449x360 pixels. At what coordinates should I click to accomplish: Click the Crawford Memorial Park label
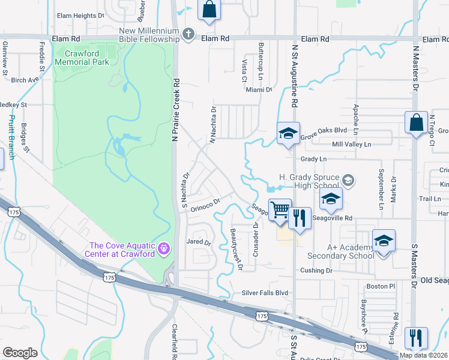pyautogui.click(x=82, y=58)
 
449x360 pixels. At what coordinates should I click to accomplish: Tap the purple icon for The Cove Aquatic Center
pyautogui.click(x=163, y=248)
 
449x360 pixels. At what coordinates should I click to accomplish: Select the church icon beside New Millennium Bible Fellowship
pyautogui.click(x=188, y=35)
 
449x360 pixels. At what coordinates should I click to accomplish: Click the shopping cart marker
pyautogui.click(x=280, y=210)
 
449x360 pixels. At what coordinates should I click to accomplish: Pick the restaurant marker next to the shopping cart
pyautogui.click(x=300, y=217)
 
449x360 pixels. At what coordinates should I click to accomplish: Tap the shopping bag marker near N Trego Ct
pyautogui.click(x=416, y=123)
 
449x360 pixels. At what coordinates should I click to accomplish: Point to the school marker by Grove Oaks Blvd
pyautogui.click(x=288, y=134)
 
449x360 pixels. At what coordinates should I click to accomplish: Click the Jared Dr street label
pyautogui.click(x=199, y=243)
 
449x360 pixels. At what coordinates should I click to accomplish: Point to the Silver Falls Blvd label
pyautogui.click(x=265, y=293)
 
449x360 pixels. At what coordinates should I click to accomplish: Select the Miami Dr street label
pyautogui.click(x=259, y=89)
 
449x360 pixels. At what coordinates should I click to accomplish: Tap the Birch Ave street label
pyautogui.click(x=24, y=79)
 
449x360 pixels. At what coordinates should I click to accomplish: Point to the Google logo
pyautogui.click(x=20, y=353)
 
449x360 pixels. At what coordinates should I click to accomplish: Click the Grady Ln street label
pyautogui.click(x=313, y=159)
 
